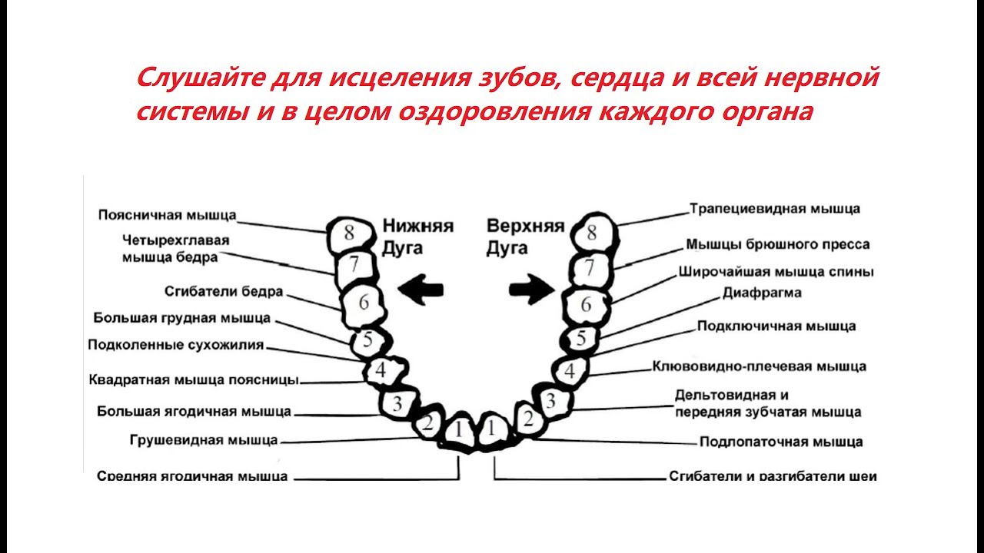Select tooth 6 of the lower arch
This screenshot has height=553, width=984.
(363, 303)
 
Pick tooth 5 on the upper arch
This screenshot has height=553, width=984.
(581, 338)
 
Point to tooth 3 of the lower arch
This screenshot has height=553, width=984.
(397, 404)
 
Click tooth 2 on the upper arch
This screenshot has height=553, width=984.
(527, 419)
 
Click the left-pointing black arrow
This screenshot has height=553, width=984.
(420, 290)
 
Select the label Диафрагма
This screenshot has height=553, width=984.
(762, 293)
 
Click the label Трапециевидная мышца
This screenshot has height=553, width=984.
(775, 208)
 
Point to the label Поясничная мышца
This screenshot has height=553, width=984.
(168, 215)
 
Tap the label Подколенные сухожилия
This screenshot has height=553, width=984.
(176, 345)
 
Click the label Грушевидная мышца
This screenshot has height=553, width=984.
(204, 440)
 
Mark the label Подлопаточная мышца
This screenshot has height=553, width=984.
(781, 442)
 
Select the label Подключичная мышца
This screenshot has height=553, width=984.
(776, 326)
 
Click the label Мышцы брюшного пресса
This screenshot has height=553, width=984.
(778, 244)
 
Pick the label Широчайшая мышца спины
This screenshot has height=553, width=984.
(776, 271)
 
